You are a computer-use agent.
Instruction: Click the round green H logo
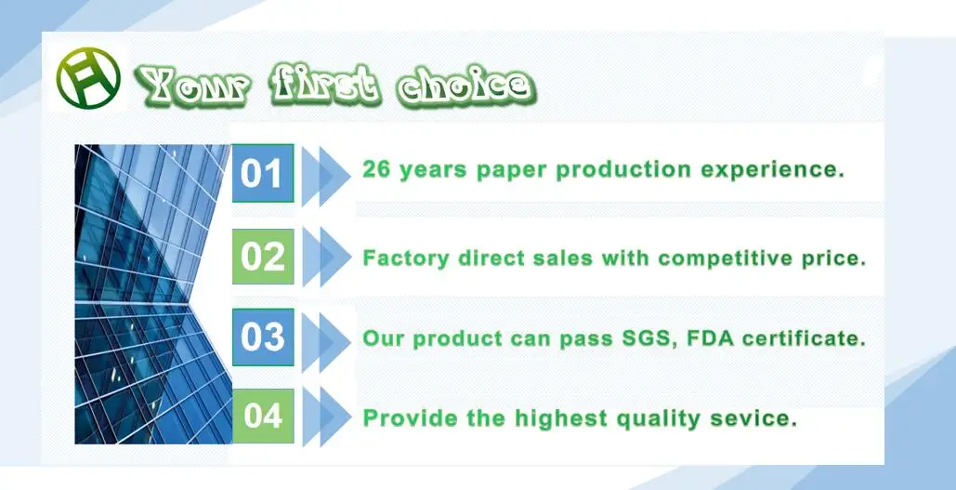click(x=88, y=78)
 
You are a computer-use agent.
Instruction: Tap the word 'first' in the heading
click(x=326, y=85)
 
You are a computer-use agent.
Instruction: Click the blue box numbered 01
click(x=263, y=173)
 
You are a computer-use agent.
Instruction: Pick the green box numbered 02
click(x=263, y=257)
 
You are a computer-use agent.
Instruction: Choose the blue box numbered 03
click(x=263, y=337)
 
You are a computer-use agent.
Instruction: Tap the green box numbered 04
click(x=263, y=417)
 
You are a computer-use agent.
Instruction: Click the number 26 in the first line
click(x=376, y=169)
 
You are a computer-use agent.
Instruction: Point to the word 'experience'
click(x=772, y=170)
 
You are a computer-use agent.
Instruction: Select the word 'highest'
click(x=561, y=419)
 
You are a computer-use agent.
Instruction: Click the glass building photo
click(x=153, y=294)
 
